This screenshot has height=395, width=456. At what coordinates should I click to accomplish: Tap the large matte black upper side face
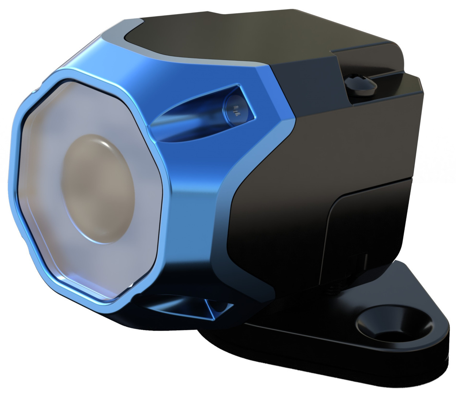click(x=329, y=139)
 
